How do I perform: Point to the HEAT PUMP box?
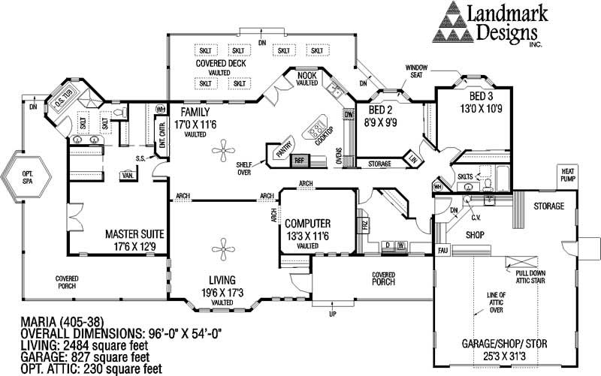pos(569,175)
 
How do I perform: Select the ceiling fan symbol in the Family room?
pos(223,155)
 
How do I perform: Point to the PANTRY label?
pos(282,150)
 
